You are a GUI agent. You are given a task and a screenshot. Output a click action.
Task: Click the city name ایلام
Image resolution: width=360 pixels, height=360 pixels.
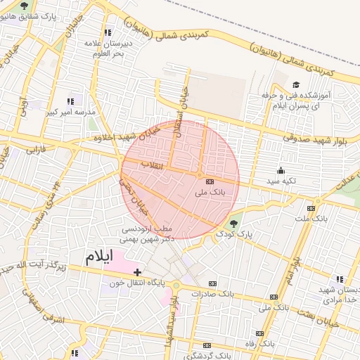click(x=98, y=257)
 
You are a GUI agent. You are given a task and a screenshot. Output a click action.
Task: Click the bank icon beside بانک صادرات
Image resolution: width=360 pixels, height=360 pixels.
click(x=212, y=283)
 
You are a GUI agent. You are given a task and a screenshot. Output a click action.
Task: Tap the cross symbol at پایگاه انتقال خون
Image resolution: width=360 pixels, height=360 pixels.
click(x=137, y=271)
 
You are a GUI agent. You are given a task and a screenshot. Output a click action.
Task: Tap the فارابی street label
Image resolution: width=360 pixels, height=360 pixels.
click(x=36, y=149)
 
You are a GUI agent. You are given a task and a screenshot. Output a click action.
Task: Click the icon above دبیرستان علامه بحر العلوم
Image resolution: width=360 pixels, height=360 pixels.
click(x=108, y=32)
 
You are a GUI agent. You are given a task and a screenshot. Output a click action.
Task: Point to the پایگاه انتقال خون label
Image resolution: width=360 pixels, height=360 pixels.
click(x=136, y=283)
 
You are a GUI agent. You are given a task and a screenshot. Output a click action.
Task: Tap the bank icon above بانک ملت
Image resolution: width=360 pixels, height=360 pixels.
click(x=311, y=209)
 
